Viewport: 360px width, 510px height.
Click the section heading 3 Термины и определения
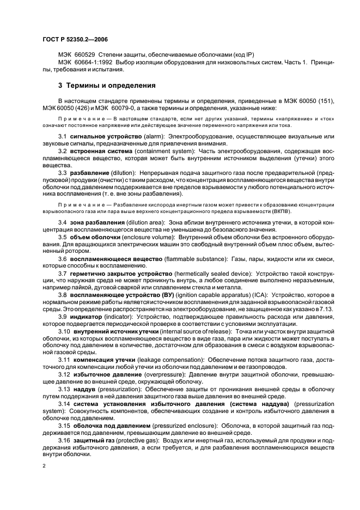point(107,86)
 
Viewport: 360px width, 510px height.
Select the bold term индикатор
point(85,317)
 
